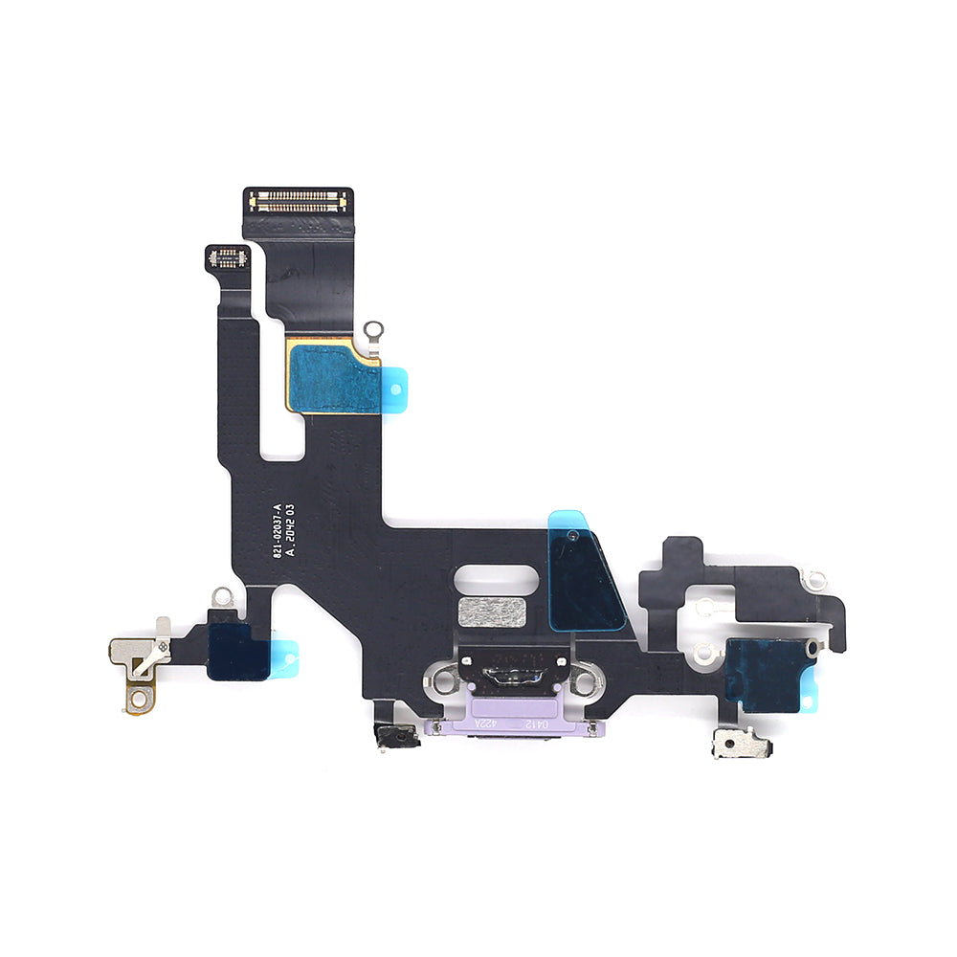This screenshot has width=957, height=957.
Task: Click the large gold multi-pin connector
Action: click(x=298, y=201)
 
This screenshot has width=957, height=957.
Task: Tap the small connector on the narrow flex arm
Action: click(x=228, y=256)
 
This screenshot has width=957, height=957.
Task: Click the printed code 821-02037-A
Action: click(x=278, y=531)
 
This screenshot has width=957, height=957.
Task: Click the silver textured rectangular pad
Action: click(x=492, y=612)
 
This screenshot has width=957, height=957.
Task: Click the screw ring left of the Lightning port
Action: click(x=442, y=680)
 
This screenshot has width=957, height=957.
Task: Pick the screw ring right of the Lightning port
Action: click(x=584, y=681)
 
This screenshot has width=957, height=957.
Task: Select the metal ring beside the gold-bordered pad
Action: click(x=373, y=331)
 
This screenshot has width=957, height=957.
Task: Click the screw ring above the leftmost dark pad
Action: click(x=222, y=597)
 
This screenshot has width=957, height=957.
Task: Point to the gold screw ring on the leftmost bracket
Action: click(x=136, y=692)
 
